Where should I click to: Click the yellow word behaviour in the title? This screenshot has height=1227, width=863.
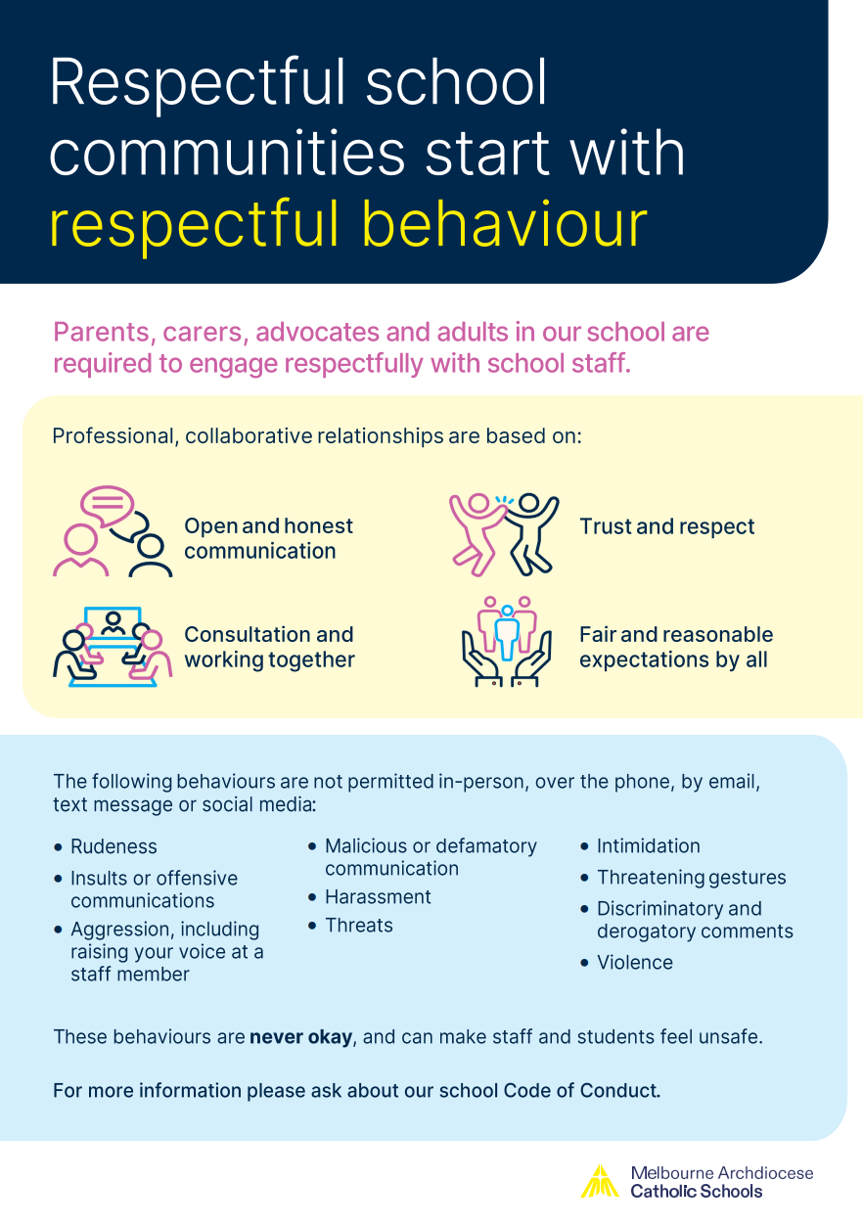(504, 223)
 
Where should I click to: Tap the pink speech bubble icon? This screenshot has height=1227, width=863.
(107, 506)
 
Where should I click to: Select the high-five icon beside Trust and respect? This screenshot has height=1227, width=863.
(504, 534)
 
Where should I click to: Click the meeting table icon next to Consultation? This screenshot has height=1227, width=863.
(113, 647)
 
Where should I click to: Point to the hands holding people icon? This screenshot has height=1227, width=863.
(507, 642)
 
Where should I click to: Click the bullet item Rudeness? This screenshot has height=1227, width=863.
(114, 846)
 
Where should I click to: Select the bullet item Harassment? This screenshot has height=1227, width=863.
(378, 896)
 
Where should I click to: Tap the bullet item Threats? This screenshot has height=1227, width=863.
(359, 926)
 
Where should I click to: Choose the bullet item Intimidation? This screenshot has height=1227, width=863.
(649, 845)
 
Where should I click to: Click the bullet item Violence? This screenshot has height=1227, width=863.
(635, 963)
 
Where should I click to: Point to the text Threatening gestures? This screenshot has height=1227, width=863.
(692, 878)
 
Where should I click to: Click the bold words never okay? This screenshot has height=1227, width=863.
(300, 1037)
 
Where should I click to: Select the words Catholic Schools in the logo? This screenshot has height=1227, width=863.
(697, 1191)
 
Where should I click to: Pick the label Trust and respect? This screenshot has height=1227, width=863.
(667, 526)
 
